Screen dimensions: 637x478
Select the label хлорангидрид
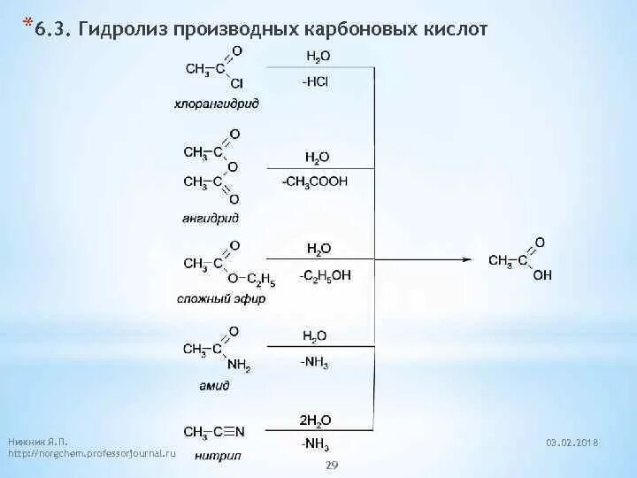point(217,104)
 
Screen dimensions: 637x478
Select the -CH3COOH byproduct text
point(315,181)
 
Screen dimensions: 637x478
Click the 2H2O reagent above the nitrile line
point(316,420)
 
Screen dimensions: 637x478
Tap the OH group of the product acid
point(542,275)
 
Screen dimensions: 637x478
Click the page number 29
point(334,465)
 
